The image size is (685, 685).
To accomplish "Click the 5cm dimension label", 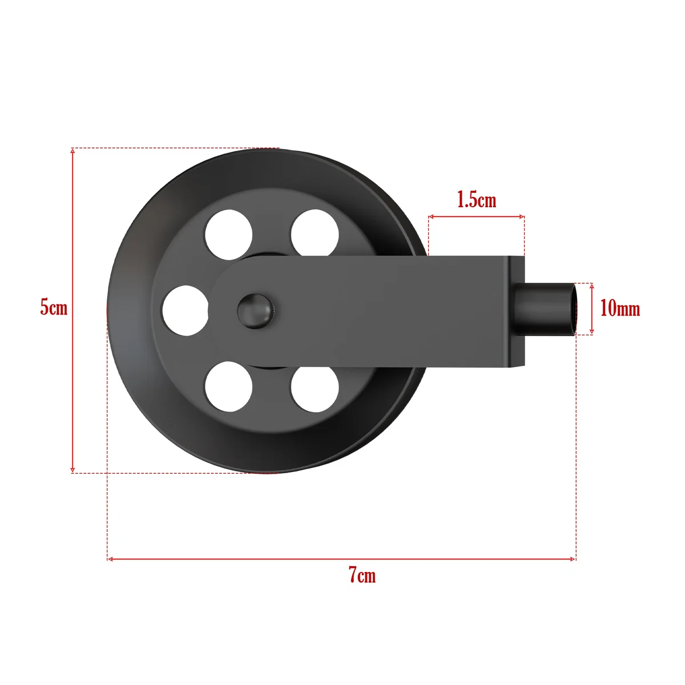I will click(54, 308).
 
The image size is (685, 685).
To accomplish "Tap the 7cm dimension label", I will click(362, 575).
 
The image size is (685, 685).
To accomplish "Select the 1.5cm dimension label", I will click(477, 200).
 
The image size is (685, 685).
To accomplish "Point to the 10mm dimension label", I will click(620, 309).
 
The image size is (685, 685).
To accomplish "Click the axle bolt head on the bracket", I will click(255, 311).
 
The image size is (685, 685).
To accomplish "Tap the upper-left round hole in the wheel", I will click(229, 233).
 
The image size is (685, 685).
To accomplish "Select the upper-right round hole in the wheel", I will click(315, 233).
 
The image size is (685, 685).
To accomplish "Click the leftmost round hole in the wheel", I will click(185, 311).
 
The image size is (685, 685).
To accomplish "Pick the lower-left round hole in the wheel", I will click(229, 387).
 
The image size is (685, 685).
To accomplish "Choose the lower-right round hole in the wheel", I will click(315, 387).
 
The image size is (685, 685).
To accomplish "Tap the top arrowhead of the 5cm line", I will click(72, 151).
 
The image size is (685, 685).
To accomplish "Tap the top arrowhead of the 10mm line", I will click(592, 285).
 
